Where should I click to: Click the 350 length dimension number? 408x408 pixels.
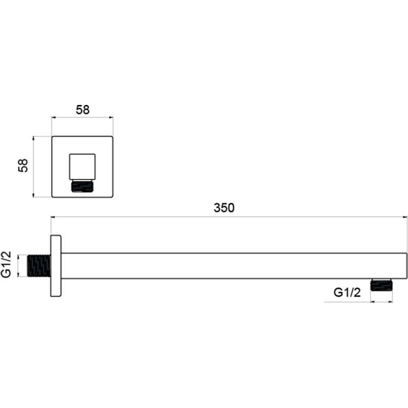point(224,208)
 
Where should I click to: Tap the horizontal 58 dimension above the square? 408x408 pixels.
point(83,110)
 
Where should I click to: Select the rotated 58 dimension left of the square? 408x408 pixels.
point(23,165)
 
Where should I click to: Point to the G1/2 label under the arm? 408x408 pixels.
point(347,293)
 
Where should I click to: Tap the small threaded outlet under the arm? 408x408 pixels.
point(381,285)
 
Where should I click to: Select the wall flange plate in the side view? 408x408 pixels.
point(56,265)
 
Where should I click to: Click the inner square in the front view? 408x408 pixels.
point(82,167)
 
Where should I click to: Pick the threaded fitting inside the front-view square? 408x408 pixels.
point(82,186)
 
